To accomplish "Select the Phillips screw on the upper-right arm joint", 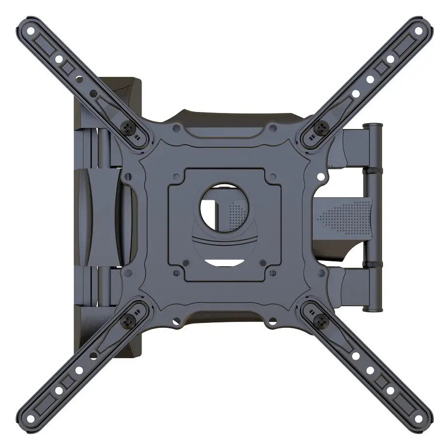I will pyautogui.click(x=320, y=128).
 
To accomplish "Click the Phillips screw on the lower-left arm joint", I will pyautogui.click(x=129, y=320).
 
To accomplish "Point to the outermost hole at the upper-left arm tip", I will pyautogui.click(x=32, y=30).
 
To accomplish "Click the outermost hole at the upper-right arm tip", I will pyautogui.click(x=416, y=30).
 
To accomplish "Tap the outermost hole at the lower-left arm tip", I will pyautogui.click(x=32, y=417).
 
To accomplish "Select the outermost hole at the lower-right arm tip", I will pyautogui.click(x=416, y=417).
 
